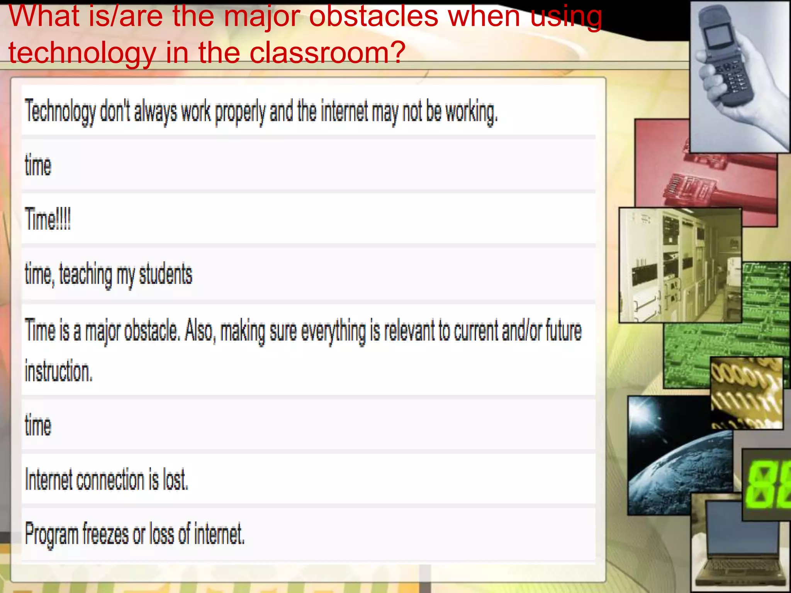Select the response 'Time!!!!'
click(48, 219)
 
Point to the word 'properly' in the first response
click(240, 112)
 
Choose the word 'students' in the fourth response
click(165, 274)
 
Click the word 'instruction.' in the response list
click(59, 371)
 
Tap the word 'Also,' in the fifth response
click(199, 331)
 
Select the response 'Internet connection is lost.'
click(107, 479)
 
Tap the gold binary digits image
click(746, 392)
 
